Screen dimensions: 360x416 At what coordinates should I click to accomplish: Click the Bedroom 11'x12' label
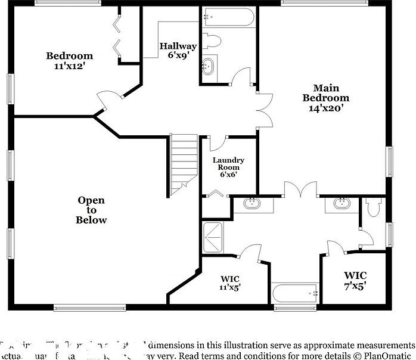(70, 61)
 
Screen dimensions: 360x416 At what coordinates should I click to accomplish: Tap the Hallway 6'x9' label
(178, 51)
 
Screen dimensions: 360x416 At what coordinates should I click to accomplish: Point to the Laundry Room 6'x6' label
(228, 167)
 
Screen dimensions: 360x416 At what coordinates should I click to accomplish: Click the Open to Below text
(91, 210)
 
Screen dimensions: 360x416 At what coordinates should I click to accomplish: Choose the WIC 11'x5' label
(230, 283)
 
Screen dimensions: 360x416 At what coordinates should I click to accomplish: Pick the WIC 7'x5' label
(355, 280)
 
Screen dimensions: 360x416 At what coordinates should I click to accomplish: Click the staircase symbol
(184, 162)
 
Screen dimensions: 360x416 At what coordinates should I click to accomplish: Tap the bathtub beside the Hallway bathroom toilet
(229, 17)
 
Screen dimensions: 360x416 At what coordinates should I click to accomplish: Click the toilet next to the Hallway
(212, 41)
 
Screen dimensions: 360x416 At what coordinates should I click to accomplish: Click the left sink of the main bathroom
(252, 203)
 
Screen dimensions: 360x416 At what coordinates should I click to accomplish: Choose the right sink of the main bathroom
(342, 203)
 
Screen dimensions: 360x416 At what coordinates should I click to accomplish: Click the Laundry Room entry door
(217, 142)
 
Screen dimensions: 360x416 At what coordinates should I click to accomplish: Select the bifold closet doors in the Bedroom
(118, 35)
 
